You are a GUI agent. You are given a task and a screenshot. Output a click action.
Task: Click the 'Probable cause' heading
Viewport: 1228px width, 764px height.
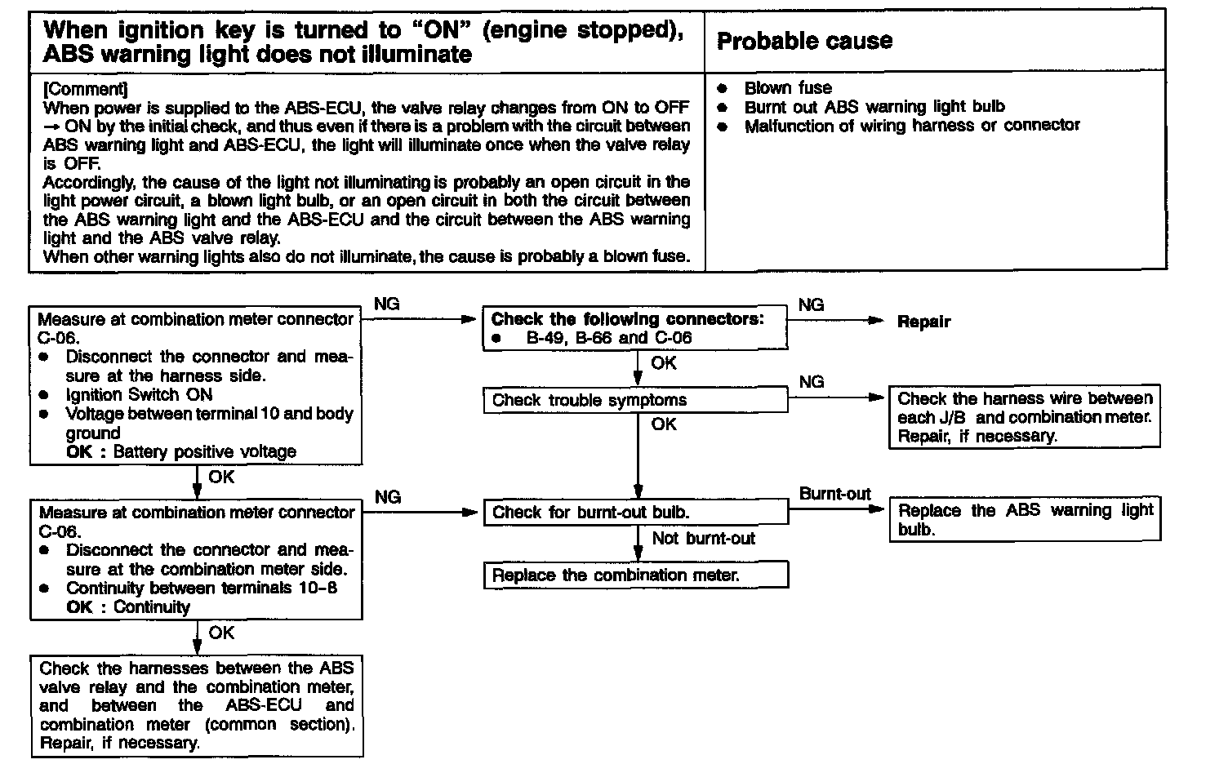click(x=804, y=42)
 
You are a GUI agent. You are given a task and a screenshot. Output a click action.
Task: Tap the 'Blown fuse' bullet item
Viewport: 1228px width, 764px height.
click(x=788, y=88)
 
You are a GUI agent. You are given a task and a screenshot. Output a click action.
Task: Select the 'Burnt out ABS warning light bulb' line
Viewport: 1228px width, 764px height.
click(x=874, y=107)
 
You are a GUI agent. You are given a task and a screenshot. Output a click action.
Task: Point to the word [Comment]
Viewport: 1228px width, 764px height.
click(x=85, y=89)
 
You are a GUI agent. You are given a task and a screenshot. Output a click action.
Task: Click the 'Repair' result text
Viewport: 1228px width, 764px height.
click(x=923, y=322)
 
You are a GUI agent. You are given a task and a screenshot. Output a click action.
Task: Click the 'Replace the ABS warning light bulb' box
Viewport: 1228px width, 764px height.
click(x=1025, y=520)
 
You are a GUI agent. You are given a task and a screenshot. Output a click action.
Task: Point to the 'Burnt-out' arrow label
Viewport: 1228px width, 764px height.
click(x=834, y=494)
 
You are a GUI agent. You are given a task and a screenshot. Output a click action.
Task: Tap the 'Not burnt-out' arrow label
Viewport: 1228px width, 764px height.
click(x=703, y=539)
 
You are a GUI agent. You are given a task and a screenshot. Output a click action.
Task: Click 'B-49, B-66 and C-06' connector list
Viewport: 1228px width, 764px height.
click(x=609, y=338)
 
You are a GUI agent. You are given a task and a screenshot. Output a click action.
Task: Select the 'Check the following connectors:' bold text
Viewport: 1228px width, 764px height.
click(x=627, y=319)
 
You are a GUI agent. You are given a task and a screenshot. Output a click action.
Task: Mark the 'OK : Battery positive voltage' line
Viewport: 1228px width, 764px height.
click(x=181, y=452)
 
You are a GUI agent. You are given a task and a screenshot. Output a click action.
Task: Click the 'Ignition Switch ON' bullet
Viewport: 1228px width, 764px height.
click(x=139, y=395)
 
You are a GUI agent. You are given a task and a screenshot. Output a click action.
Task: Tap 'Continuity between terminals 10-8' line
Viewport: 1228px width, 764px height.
click(x=202, y=589)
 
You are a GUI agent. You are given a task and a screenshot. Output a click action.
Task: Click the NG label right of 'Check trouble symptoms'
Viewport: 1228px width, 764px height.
click(x=811, y=381)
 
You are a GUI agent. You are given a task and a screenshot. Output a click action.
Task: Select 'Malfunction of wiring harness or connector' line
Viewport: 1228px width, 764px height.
click(x=911, y=126)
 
